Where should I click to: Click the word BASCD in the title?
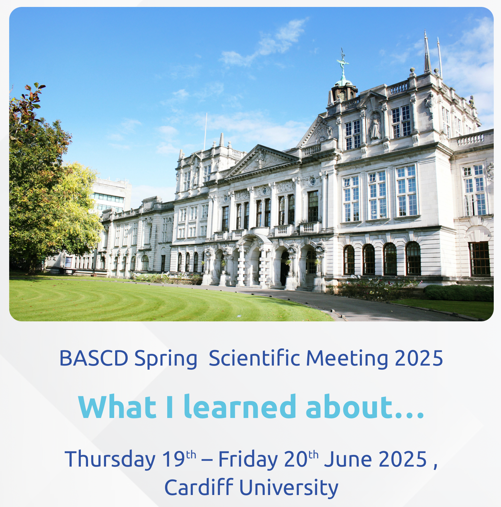point(94,358)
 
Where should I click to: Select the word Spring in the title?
point(166,359)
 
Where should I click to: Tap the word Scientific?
point(254,358)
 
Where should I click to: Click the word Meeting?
point(347,359)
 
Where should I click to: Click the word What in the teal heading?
point(117,407)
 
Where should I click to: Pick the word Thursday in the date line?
point(110,459)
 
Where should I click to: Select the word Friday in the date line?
point(248,459)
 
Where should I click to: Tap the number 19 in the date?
point(173,459)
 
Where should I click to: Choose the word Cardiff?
point(199,488)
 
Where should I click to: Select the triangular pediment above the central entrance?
point(262,161)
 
